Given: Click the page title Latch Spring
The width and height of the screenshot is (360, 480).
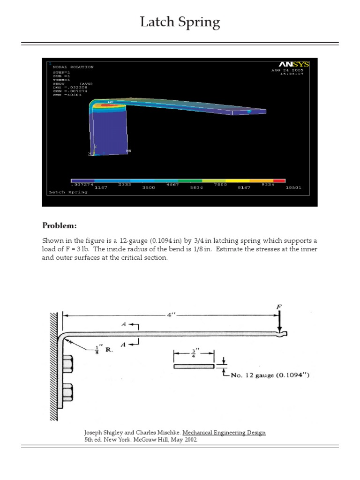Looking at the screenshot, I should pyautogui.click(x=180, y=22).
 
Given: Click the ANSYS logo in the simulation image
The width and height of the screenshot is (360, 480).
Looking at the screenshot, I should pyautogui.click(x=292, y=64).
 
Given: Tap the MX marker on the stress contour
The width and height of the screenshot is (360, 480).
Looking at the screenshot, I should pyautogui.click(x=111, y=102).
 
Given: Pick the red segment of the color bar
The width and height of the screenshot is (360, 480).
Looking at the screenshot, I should pyautogui.click(x=279, y=180).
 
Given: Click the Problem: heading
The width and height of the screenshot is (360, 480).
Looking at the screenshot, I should pyautogui.click(x=60, y=226).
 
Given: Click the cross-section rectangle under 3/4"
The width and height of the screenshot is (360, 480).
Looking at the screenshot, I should pyautogui.click(x=194, y=366).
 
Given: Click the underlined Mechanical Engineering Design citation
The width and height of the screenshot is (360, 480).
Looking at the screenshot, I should pyautogui.click(x=224, y=433).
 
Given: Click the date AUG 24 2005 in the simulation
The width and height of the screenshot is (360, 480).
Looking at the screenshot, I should pyautogui.click(x=288, y=70).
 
